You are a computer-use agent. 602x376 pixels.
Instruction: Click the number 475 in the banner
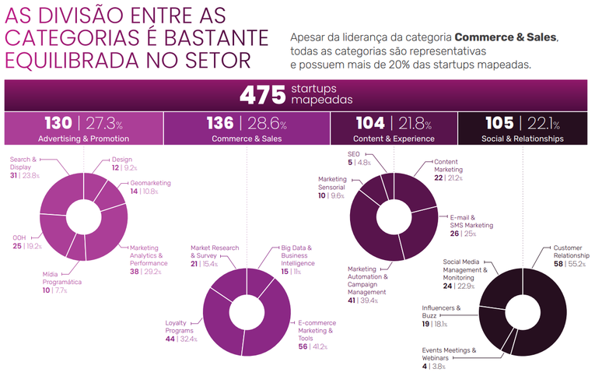[262, 95]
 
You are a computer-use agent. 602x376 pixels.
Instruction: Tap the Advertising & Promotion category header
[84, 139]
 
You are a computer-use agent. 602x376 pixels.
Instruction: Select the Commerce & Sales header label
[247, 139]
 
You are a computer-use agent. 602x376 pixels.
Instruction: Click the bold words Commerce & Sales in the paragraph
[506, 37]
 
